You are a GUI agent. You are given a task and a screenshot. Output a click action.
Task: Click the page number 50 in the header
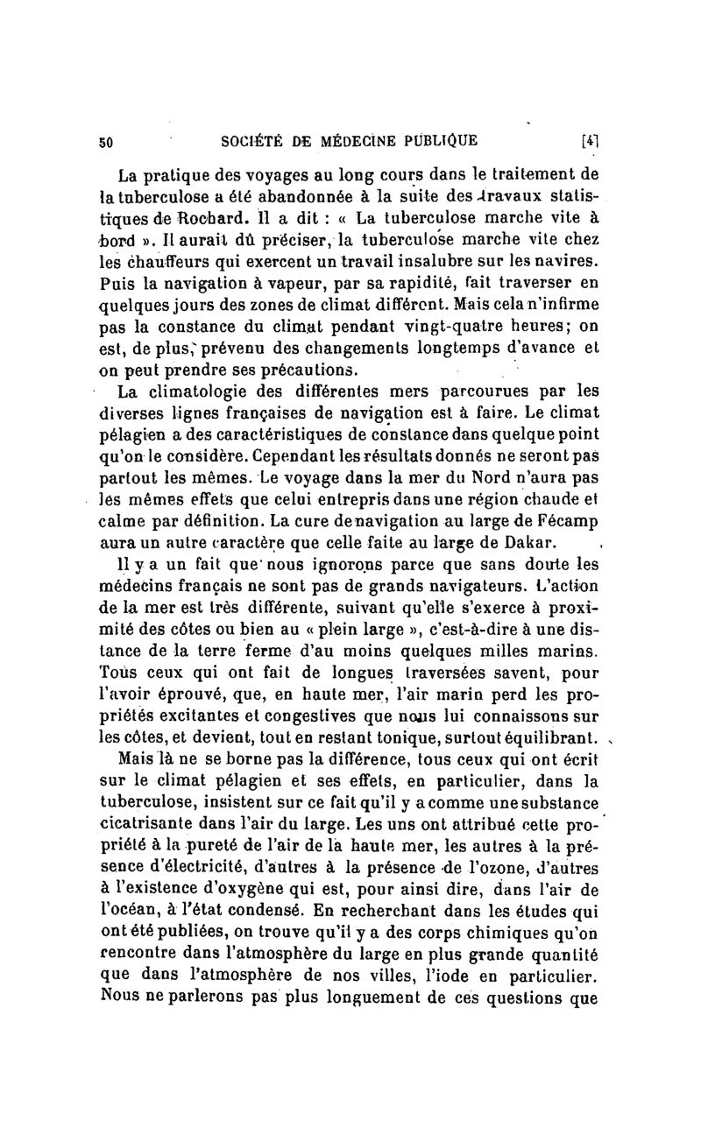[x=109, y=139]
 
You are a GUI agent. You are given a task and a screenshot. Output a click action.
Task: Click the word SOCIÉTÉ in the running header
[x=255, y=139]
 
